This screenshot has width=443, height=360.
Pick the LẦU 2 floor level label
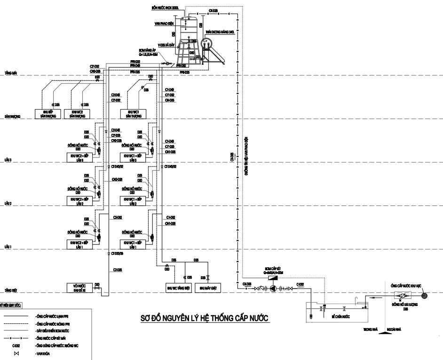[8, 204]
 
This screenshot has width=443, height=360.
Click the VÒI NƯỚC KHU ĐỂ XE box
[78, 288]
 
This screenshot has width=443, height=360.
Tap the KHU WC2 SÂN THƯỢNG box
[78, 114]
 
